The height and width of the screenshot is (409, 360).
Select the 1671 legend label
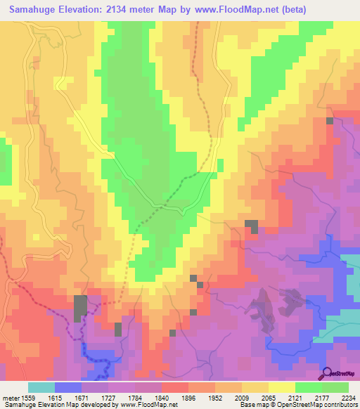pos(94,398)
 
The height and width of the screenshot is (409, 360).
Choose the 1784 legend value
pos(148,398)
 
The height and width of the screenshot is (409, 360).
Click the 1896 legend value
pos(201,398)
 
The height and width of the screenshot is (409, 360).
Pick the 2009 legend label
pos(255,398)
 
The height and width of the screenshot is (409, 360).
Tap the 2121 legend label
pos(308,398)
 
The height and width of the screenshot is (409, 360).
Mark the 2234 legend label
pos(349,398)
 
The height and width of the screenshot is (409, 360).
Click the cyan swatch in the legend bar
pos(41,387)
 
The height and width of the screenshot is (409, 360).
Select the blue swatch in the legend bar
pos(68,387)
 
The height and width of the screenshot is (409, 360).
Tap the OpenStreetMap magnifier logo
pos(327,375)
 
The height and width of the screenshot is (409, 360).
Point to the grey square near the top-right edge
pos(330,121)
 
